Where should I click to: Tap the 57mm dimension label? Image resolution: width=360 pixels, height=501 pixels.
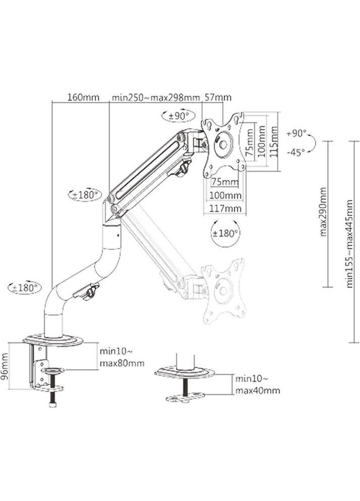pos(218,97)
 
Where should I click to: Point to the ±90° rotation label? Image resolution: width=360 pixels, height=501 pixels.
pos(178,116)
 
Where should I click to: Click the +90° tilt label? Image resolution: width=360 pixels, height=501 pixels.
pos(296,134)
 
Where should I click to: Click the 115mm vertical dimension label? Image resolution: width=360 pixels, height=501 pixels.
pos(274,142)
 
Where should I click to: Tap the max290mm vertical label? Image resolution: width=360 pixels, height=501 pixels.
pos(324,212)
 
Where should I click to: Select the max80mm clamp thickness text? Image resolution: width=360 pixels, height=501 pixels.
pos(121,363)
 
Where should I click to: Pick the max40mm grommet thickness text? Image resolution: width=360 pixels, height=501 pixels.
pos(257,390)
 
